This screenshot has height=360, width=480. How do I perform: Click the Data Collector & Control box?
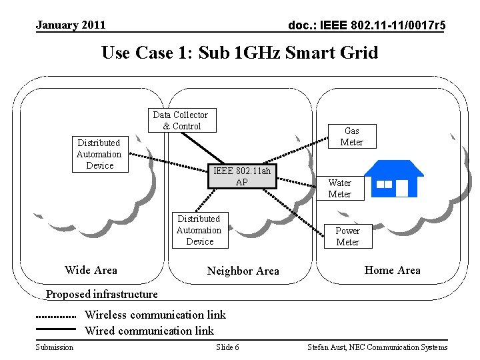(181, 121)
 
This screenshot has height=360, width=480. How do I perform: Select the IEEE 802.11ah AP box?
(242, 176)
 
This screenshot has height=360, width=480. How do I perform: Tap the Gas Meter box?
(351, 136)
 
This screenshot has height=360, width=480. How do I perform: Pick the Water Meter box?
(339, 188)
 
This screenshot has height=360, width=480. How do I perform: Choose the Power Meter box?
(347, 236)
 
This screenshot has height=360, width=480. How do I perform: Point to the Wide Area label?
(91, 270)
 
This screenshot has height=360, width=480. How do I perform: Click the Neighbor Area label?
(243, 271)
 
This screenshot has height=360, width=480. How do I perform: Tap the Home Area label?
(392, 270)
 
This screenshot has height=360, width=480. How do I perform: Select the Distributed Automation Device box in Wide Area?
(99, 154)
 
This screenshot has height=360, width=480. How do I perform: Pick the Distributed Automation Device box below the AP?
(199, 230)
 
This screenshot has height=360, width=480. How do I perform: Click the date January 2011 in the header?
(71, 25)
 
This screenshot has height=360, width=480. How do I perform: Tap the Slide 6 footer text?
(228, 347)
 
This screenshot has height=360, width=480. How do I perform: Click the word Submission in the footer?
(55, 347)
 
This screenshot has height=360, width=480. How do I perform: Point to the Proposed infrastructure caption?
(101, 294)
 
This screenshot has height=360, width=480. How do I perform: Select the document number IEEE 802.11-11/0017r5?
(367, 25)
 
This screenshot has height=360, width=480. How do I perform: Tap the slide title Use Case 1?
(239, 52)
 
